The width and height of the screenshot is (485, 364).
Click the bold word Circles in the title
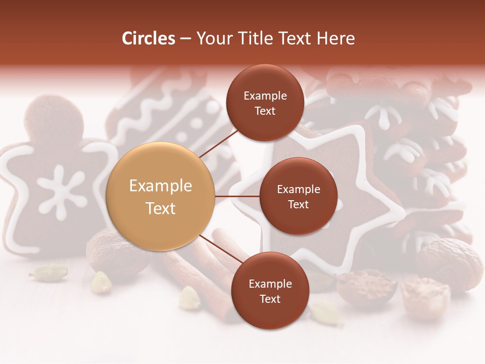pyautogui.click(x=149, y=38)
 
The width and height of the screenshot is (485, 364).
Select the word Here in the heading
pyautogui.click(x=335, y=38)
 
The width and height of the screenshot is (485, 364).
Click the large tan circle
pyautogui.click(x=161, y=196)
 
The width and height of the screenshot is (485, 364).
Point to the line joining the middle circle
pyautogui.click(x=237, y=196)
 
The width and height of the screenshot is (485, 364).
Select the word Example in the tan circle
pyautogui.click(x=161, y=186)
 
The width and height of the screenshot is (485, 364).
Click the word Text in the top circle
pyautogui.click(x=265, y=111)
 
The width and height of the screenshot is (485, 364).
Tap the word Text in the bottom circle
pyautogui.click(x=270, y=299)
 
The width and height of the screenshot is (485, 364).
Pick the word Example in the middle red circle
pyautogui.click(x=298, y=190)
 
